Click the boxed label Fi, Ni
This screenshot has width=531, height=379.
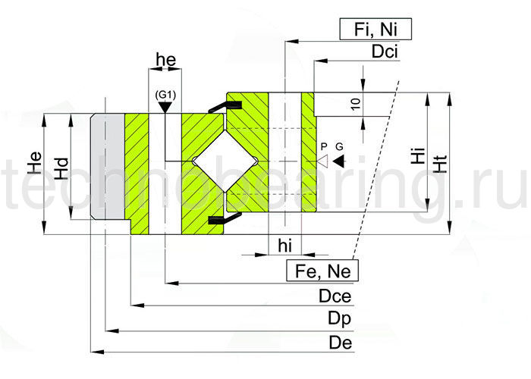(x=373, y=30)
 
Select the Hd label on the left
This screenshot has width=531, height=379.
(x=63, y=168)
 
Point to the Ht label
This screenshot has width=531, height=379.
(x=439, y=162)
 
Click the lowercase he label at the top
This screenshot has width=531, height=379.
(x=164, y=59)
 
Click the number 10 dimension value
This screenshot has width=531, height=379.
(x=356, y=105)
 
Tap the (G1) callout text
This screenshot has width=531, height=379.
(x=165, y=94)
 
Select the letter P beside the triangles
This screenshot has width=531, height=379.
(x=322, y=146)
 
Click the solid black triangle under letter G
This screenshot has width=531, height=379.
(x=338, y=160)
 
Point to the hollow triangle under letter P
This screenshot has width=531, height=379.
(x=322, y=160)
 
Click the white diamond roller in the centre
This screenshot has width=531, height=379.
(x=224, y=160)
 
